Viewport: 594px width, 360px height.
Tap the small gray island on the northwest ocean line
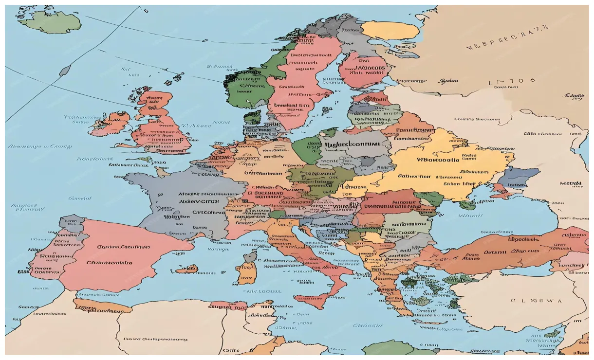pos(64,71)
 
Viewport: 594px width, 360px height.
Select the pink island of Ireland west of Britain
pos(110,124)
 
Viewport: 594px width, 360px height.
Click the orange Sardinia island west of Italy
pos(247,273)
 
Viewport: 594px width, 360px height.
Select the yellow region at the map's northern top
pos(390,30)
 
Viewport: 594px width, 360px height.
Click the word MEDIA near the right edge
pos(571,184)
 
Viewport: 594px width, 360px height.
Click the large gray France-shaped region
pos(185,199)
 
